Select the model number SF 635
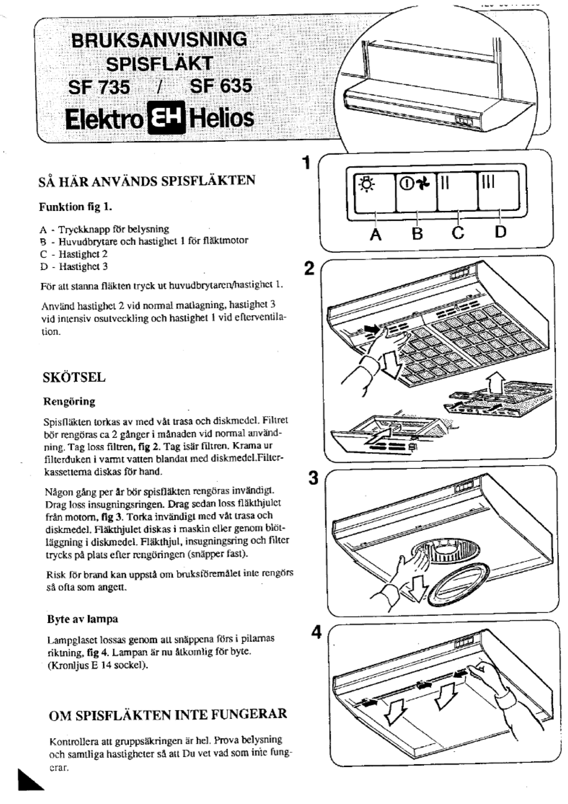[220, 86]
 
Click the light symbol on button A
[365, 184]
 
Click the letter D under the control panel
[500, 232]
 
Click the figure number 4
[316, 633]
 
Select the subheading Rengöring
[69, 402]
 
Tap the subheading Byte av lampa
[83, 619]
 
